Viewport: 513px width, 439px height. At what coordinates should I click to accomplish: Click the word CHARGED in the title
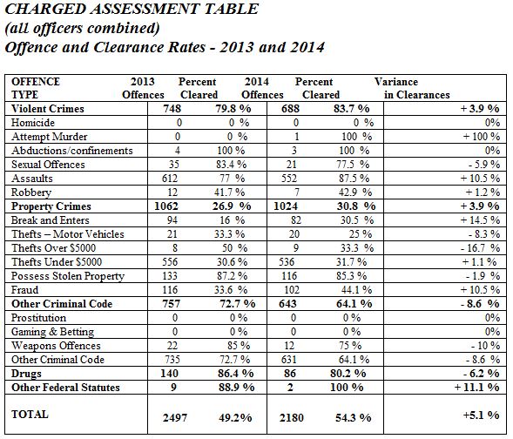point(45,9)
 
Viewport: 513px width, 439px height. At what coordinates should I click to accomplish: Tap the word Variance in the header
point(396,82)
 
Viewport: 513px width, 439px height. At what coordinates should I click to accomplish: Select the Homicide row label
point(33,123)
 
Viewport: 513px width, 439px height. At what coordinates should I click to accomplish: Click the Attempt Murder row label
point(50,137)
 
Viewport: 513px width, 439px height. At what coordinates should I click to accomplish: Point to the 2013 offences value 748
point(172,109)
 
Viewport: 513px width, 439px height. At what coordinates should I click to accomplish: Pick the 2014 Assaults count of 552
point(289,179)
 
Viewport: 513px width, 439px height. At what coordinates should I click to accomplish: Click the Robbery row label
point(31,192)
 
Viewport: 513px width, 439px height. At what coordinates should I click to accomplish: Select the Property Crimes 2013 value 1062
point(166,206)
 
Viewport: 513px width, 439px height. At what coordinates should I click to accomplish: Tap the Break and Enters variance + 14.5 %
point(480,219)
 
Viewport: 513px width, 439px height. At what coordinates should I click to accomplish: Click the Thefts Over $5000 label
point(54,248)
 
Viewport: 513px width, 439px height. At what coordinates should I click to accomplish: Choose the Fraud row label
point(25,290)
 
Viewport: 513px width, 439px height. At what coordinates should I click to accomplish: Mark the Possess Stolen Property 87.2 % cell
point(232,276)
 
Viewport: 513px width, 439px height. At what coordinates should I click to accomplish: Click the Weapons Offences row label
point(56,346)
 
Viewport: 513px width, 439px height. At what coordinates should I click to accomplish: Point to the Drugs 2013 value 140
point(169,374)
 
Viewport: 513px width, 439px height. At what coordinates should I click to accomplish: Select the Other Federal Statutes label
point(65,388)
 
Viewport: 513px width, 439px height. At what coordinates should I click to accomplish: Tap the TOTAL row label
point(30,414)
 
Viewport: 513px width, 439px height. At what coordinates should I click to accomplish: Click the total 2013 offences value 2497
point(175,418)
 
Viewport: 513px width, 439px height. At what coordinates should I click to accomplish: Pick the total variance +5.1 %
point(481,415)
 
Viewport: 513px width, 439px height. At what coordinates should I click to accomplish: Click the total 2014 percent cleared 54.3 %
point(354,418)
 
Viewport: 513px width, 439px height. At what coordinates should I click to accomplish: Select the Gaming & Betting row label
point(52,332)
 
